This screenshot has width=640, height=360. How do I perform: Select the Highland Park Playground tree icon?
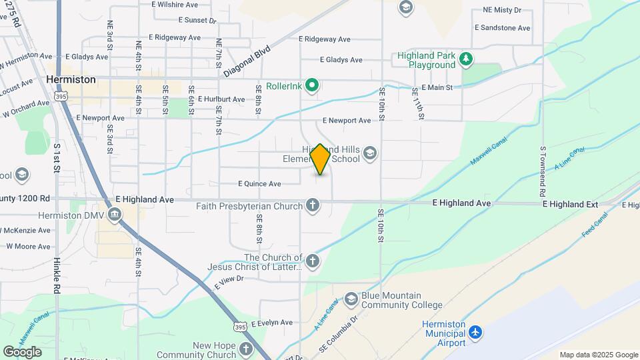(x=467, y=61)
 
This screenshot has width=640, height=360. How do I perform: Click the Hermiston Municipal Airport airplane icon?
(x=475, y=332)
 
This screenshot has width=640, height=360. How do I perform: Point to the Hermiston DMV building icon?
(x=115, y=215)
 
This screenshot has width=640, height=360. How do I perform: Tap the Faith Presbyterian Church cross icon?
(x=312, y=205)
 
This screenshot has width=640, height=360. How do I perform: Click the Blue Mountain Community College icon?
(x=351, y=299)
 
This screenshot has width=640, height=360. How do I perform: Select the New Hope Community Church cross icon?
(x=246, y=349)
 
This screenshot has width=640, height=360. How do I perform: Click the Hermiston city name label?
(x=71, y=79)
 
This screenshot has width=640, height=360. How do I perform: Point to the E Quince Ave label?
(x=259, y=183)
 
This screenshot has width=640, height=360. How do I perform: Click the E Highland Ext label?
(x=571, y=203)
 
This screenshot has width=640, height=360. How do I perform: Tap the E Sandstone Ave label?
(x=502, y=28)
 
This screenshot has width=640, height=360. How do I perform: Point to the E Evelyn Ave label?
(x=272, y=322)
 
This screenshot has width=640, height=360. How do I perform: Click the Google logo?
(x=22, y=352)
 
